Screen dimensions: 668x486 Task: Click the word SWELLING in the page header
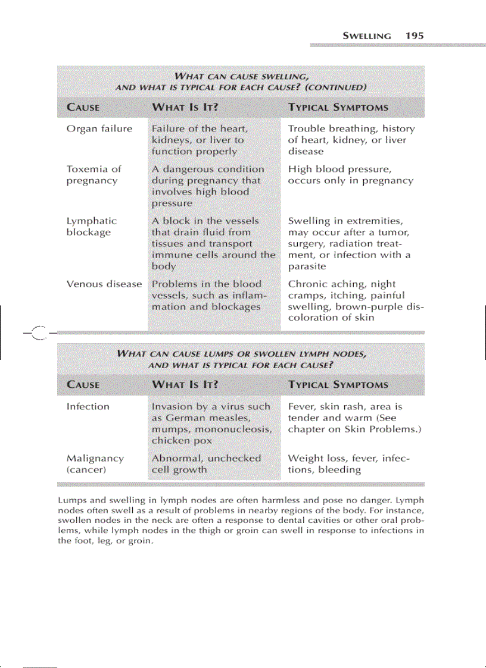pyautogui.click(x=367, y=36)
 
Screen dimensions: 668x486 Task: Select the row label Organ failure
pyautogui.click(x=99, y=128)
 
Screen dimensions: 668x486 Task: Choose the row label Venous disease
pyautogui.click(x=104, y=284)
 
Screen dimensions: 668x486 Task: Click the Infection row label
pyautogui.click(x=88, y=407)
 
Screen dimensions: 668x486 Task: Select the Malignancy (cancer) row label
pyautogui.click(x=95, y=464)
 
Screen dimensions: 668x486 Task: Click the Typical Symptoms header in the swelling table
pyautogui.click(x=338, y=108)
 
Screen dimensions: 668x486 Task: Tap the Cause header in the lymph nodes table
pyautogui.click(x=83, y=384)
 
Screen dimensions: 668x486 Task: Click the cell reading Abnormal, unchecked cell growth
pyautogui.click(x=206, y=464)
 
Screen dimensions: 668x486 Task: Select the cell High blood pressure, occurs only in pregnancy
pyautogui.click(x=350, y=175)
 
